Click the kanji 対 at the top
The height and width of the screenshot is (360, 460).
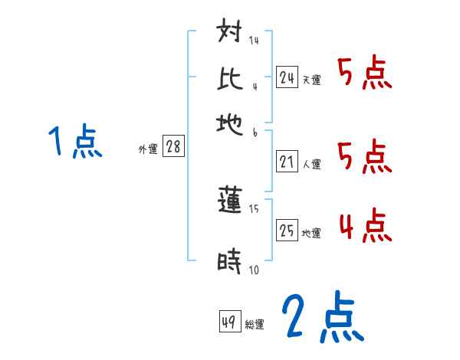pos(231,35)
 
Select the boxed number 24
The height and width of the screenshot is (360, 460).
pos(287,77)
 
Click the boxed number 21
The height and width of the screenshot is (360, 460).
pos(287,162)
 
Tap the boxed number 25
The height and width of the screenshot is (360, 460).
pos(287,231)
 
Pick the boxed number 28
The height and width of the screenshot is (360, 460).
pos(173,147)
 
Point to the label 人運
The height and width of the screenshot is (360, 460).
pos(311,164)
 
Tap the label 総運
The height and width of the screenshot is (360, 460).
pos(255,324)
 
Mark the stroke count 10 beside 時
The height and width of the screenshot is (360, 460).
pos(254,270)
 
